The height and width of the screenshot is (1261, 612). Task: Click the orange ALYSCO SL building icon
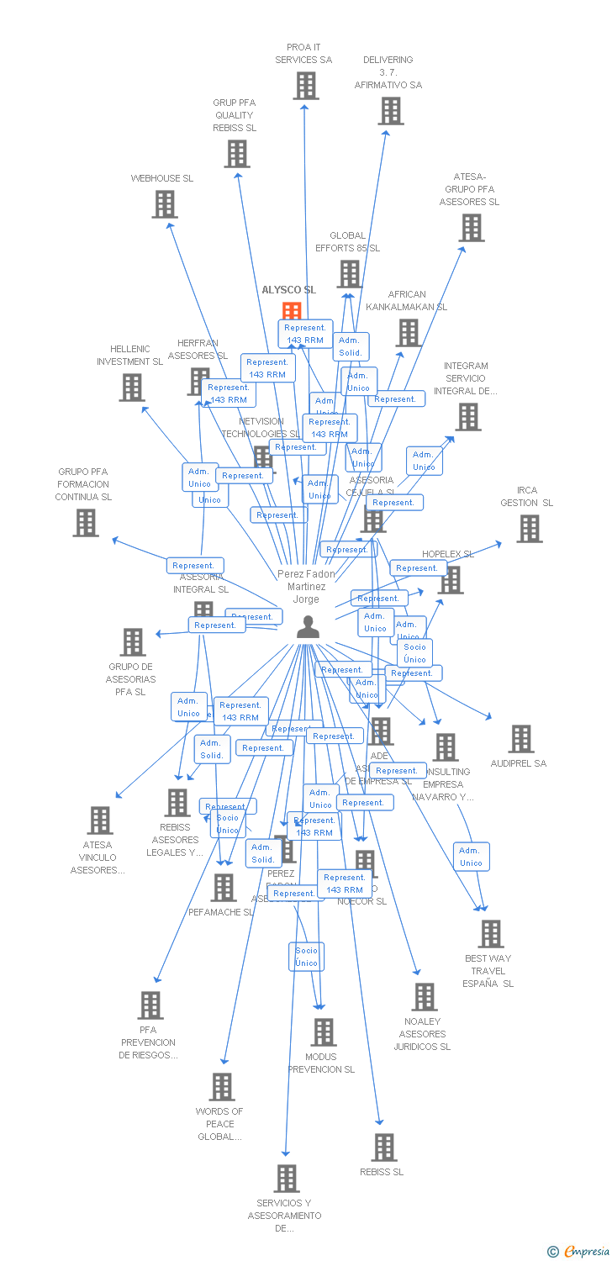[292, 311]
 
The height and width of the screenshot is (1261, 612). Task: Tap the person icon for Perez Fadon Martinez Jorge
[308, 627]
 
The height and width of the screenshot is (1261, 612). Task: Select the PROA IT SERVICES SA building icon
[306, 86]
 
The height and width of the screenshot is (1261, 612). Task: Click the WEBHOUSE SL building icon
[165, 204]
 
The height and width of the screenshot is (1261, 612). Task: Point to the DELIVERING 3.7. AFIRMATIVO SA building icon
[390, 111]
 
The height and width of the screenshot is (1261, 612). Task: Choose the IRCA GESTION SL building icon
[529, 529]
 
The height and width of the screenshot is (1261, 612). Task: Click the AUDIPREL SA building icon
[521, 739]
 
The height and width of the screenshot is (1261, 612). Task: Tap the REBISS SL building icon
[383, 1148]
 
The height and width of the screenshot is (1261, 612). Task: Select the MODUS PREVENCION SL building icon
[323, 1032]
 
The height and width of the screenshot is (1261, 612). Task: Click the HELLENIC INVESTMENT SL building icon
[131, 388]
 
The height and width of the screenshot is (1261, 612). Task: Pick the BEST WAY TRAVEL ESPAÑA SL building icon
[490, 934]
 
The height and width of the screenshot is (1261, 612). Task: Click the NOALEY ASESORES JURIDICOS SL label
[423, 1034]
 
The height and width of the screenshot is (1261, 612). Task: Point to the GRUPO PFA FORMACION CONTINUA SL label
[83, 484]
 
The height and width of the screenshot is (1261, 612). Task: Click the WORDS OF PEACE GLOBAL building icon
[221, 1087]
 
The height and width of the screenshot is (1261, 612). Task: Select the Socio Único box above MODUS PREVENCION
[307, 957]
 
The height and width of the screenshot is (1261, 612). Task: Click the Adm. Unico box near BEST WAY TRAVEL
[471, 857]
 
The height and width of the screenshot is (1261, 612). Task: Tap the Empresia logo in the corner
[580, 1252]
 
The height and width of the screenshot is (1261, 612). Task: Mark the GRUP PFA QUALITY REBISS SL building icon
[237, 154]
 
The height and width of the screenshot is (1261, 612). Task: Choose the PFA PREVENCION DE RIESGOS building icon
[150, 1005]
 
